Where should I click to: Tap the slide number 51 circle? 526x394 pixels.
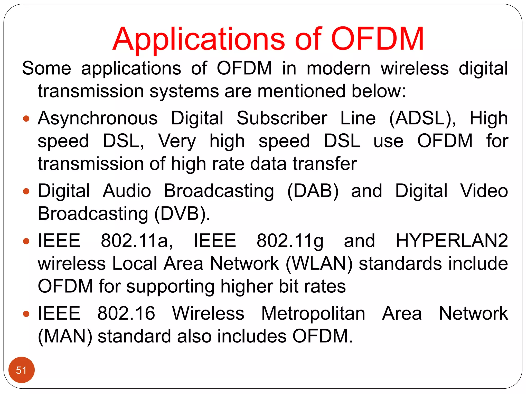pos(21,370)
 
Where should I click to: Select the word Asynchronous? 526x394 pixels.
pos(98,119)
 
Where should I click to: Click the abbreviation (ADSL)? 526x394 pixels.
pos(422,119)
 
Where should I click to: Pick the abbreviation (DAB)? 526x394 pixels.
pos(313,191)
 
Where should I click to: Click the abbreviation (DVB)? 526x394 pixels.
pos(182,214)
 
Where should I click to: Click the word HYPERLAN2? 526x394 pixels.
pos(452,241)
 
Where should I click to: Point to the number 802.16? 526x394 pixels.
pos(126,313)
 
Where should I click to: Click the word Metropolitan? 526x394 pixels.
pos(313,314)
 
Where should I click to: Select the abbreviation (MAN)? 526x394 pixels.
pos(65,336)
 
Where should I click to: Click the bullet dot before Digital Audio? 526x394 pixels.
pos(26,191)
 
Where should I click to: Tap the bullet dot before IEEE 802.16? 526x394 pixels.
pos(26,314)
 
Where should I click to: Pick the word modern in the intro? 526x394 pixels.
pos(339,68)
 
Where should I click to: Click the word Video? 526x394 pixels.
pos(484,191)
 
